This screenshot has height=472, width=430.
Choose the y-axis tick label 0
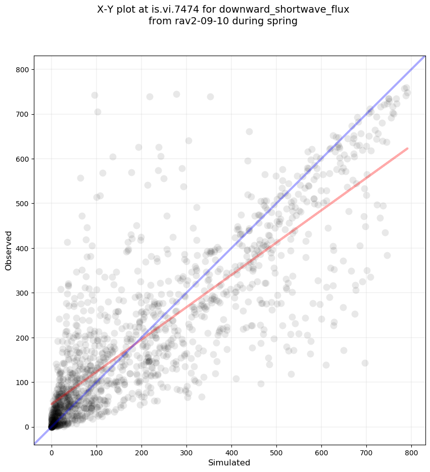[x=26, y=427]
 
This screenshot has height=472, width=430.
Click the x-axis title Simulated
[x=230, y=462]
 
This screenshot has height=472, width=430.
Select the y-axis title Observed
[x=9, y=251]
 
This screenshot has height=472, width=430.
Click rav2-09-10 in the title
[x=195, y=21]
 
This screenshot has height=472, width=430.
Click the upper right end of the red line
[x=407, y=149]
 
